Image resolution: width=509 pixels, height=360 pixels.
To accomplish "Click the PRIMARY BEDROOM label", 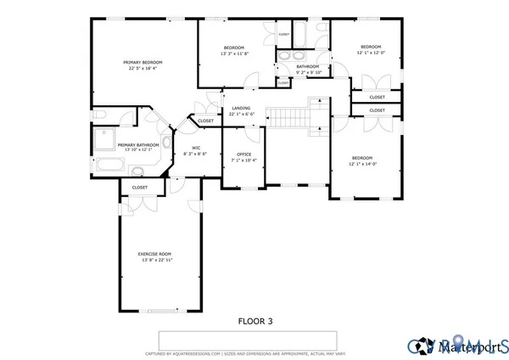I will pos(142,62).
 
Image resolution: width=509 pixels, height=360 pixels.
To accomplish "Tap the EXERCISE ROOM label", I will pos(154,254).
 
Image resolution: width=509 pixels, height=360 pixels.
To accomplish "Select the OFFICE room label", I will pos(243,154).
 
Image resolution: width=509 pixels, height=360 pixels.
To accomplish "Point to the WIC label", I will pos(195,148).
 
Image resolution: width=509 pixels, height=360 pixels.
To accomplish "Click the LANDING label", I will pos(241,108).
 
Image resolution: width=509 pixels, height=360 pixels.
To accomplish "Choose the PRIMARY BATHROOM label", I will pos(138,144).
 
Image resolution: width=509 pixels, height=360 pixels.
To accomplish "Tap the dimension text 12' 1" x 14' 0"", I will pos(362,164).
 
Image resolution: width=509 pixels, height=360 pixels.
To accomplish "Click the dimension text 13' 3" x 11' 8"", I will pos(234,53).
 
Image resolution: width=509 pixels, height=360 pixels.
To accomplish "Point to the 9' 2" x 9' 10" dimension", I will pos(308,72).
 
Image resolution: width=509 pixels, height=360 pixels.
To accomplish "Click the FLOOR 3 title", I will pos(255,322).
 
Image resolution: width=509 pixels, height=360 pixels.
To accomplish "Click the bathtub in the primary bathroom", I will pos(108,166).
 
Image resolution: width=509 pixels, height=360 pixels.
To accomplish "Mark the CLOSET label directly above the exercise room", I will pos(139,187).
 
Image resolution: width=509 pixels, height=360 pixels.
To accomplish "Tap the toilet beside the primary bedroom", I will pos(98,113).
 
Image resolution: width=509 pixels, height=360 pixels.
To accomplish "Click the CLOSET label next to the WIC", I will pos(206,121).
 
